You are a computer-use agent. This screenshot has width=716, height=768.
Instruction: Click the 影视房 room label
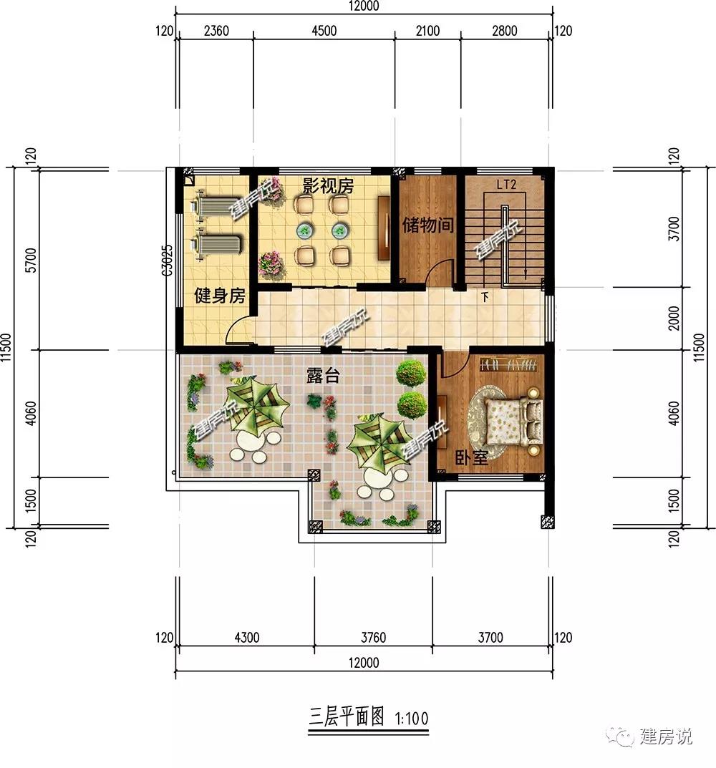[327, 187]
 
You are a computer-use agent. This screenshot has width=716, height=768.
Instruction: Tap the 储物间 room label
[427, 226]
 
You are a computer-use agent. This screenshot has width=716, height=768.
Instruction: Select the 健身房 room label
[220, 295]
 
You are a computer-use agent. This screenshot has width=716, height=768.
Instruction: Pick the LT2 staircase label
[507, 185]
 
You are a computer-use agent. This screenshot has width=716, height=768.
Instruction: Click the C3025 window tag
[167, 261]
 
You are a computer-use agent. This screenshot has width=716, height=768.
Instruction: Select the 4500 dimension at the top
[324, 31]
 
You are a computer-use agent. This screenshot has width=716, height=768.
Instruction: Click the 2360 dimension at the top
[216, 31]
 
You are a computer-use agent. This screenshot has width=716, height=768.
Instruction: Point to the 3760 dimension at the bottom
[372, 637]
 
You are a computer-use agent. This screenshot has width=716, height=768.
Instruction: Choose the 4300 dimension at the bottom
[246, 637]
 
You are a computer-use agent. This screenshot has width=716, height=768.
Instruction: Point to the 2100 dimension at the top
[427, 31]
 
